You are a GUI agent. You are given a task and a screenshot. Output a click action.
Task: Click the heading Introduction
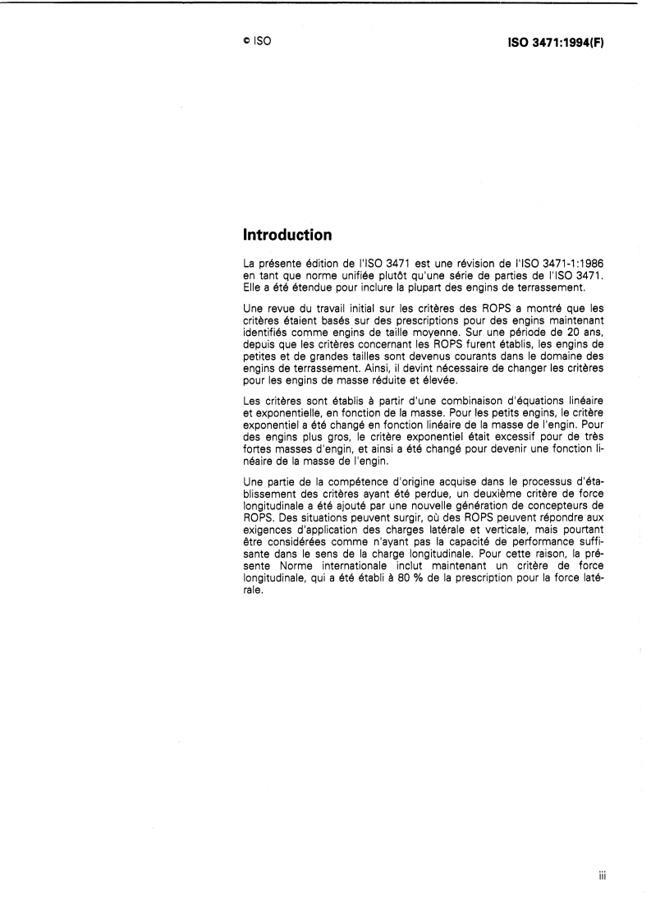click(287, 236)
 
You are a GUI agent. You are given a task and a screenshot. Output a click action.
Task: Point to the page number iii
click(602, 875)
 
